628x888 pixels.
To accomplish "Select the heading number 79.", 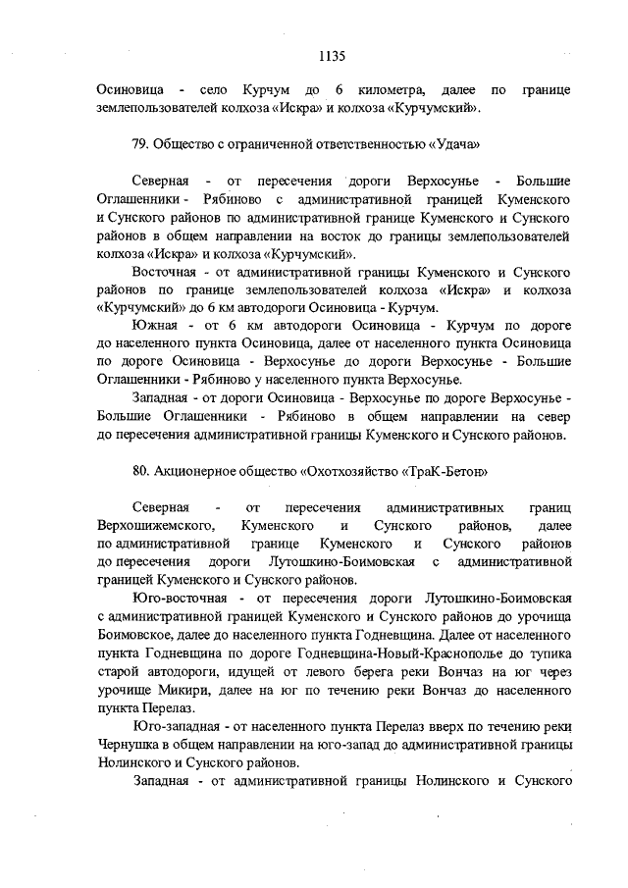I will [x=138, y=144].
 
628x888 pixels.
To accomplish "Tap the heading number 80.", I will [x=138, y=470].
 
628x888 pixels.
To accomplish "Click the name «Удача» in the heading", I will [x=453, y=144].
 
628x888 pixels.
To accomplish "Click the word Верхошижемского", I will [x=156, y=528].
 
